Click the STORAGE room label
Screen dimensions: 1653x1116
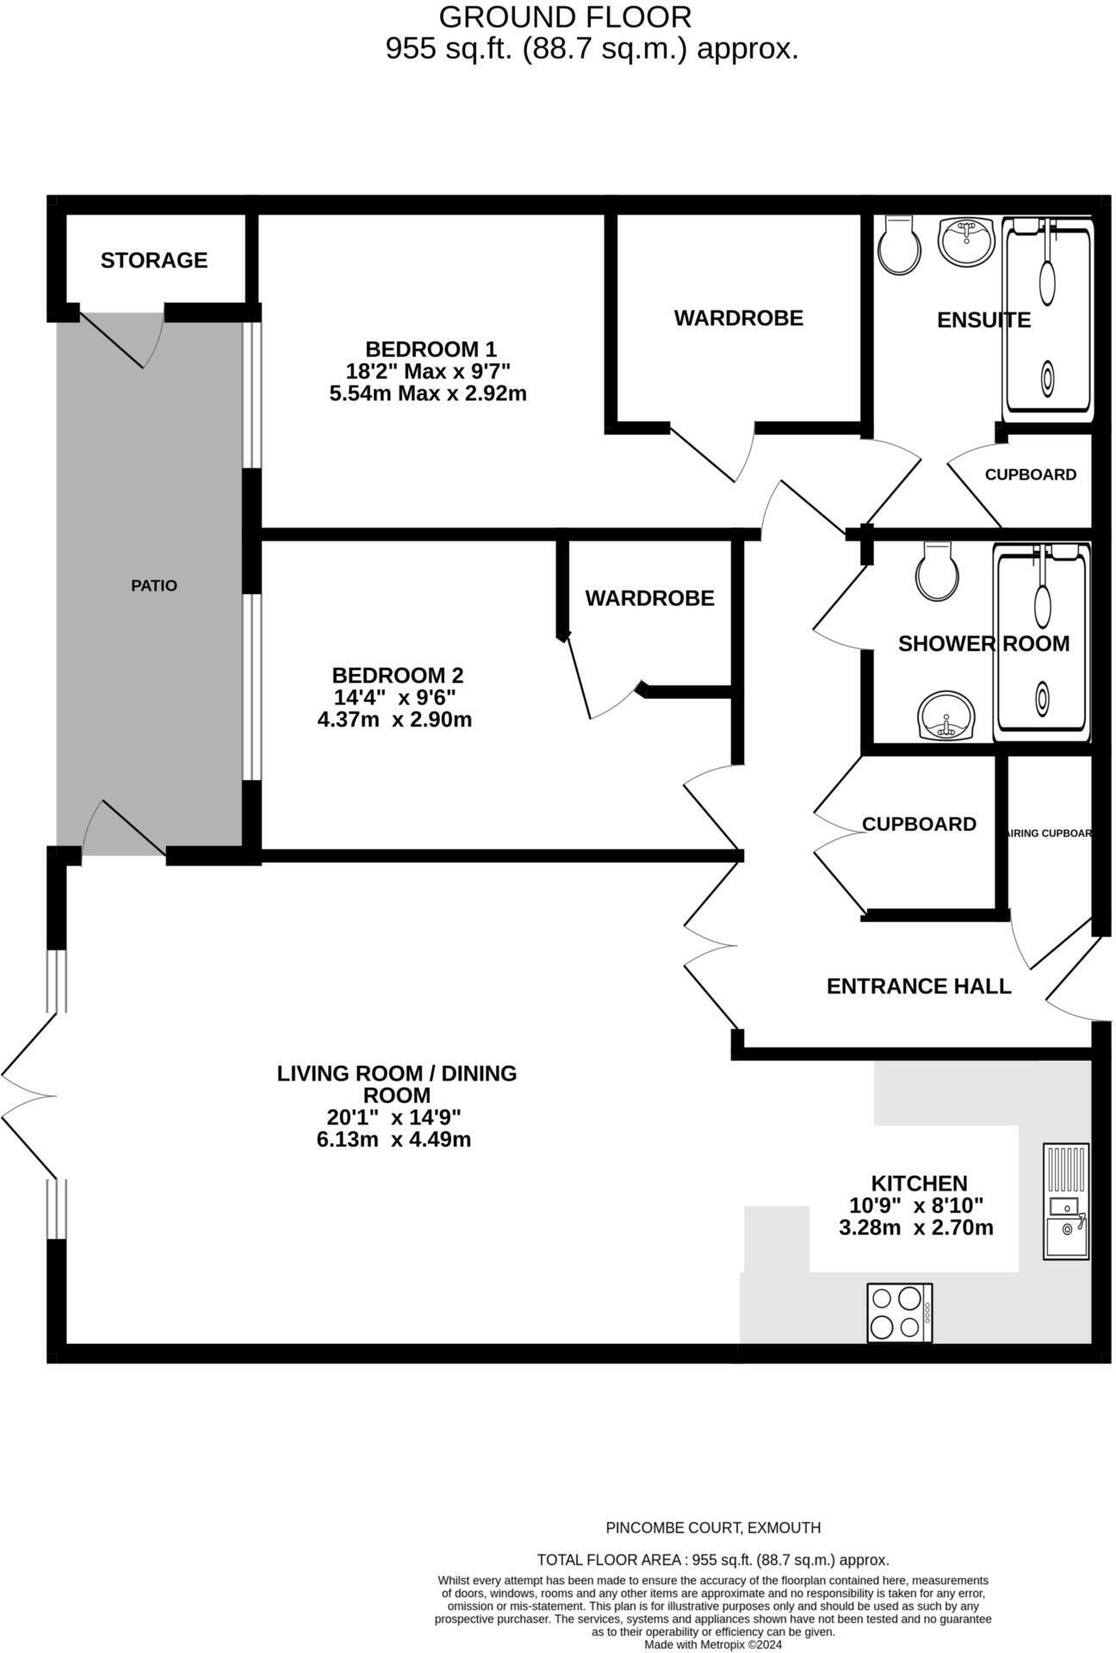154,260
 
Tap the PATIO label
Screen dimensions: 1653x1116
154,585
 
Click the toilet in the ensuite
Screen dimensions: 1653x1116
899,245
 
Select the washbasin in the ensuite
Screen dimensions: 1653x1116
966,241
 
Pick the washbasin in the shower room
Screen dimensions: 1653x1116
946,715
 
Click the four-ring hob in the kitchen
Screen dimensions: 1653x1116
899,1312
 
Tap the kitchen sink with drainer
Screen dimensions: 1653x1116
1066,1201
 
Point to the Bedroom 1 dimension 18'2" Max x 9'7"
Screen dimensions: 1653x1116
428,372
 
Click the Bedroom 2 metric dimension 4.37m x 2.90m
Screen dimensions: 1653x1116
394,720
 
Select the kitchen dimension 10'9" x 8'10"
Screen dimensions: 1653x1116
916,1205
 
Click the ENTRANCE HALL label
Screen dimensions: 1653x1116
918,986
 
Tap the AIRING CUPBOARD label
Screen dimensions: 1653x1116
1048,833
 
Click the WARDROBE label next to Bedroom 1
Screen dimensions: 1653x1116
738,318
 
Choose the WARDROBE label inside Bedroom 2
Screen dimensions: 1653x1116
649,597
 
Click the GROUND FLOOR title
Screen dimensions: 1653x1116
565,16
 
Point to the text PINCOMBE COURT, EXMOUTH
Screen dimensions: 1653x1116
713,1527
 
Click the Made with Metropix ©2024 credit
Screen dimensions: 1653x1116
713,1644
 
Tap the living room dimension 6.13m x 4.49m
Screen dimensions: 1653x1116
394,1140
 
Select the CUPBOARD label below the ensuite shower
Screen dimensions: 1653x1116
1030,474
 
